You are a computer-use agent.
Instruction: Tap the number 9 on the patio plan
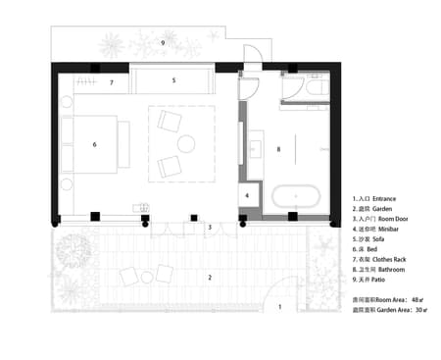tap(163, 44)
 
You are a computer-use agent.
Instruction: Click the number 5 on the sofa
tap(173, 80)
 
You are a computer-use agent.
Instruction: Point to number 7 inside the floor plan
tap(113, 83)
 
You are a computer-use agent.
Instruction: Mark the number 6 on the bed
tap(94, 145)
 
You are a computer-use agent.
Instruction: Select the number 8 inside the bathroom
tap(279, 149)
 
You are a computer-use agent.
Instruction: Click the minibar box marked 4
tap(248, 195)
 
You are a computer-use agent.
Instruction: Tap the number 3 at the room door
tap(209, 228)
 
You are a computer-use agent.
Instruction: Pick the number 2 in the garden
tap(209, 278)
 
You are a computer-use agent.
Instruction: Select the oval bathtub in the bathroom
tap(297, 196)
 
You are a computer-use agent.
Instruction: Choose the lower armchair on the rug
tap(169, 167)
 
